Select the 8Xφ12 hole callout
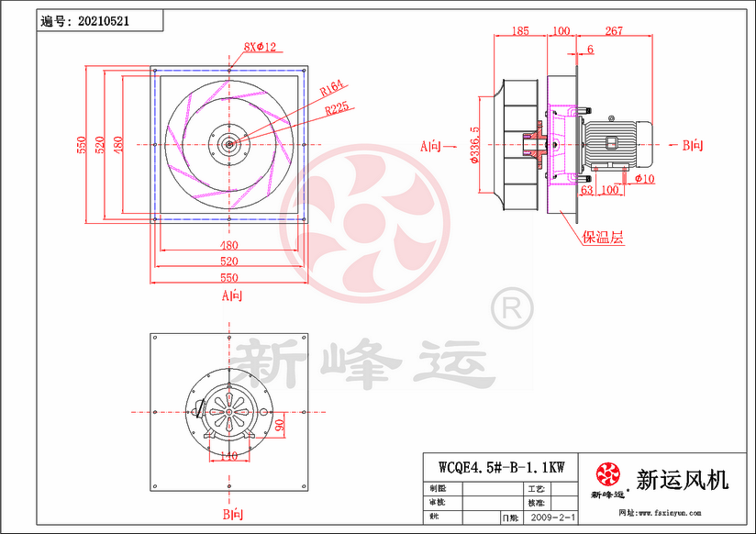(260, 46)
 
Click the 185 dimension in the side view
(519, 31)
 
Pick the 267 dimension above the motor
(614, 31)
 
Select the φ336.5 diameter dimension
(474, 145)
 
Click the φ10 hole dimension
(644, 179)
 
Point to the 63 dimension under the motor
(587, 190)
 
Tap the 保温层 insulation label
(603, 237)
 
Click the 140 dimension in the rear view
(228, 456)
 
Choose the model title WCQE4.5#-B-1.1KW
(501, 467)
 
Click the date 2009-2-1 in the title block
(553, 518)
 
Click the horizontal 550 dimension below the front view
(228, 278)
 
